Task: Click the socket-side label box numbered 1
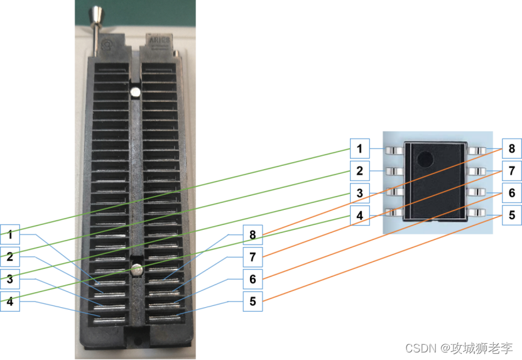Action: [10, 236]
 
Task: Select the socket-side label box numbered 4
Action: [10, 302]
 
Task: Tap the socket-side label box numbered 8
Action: [253, 236]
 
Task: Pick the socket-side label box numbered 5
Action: [253, 302]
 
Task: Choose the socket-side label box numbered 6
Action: [253, 280]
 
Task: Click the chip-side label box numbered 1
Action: [360, 149]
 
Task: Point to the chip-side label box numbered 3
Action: [360, 193]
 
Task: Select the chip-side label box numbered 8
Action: [511, 149]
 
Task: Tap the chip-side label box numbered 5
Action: [511, 215]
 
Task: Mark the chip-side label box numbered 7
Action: [511, 171]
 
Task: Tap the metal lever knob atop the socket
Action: [98, 14]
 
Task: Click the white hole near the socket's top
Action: [135, 92]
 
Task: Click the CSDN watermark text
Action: [459, 347]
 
